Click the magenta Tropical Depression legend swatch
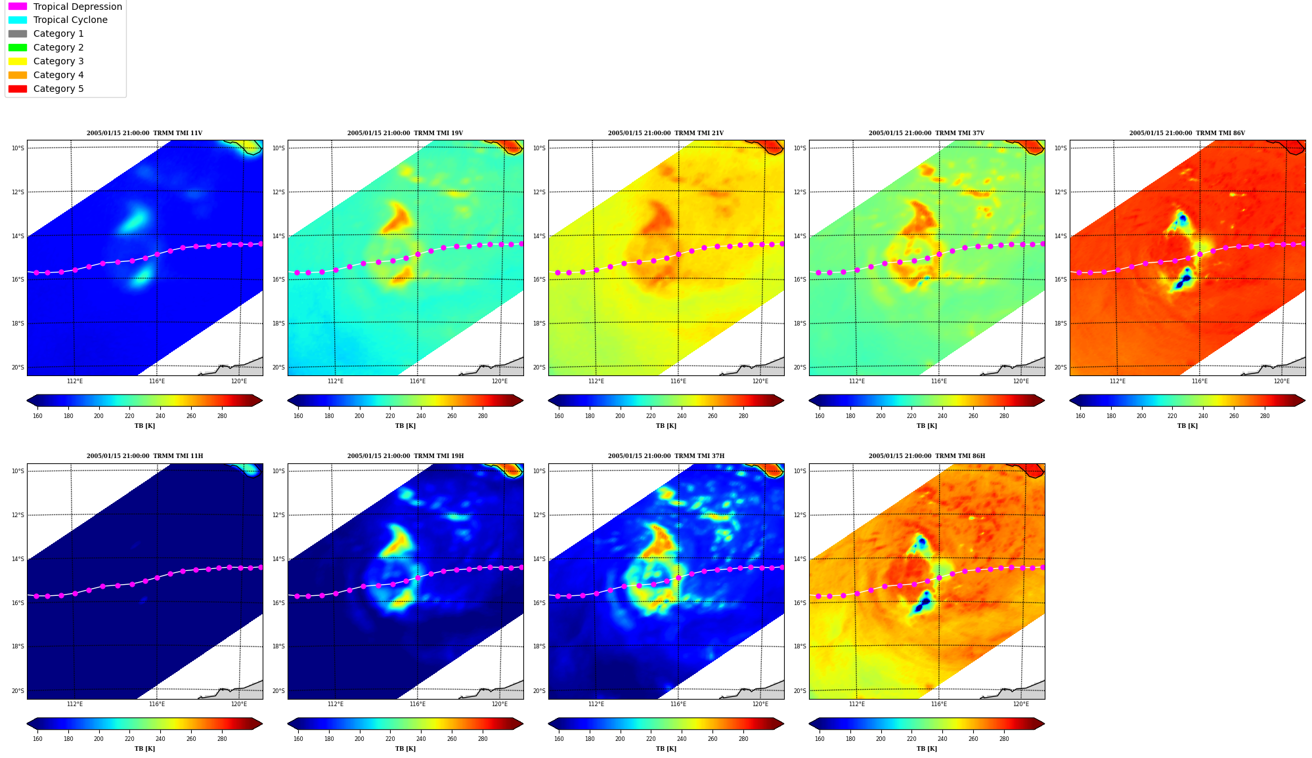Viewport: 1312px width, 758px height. coord(18,7)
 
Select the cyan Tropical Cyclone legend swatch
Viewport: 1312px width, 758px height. coord(18,20)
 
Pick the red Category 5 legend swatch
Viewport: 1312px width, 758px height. coord(18,89)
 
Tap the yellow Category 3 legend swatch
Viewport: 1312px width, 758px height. coord(18,61)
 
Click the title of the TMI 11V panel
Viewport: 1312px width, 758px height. coord(144,133)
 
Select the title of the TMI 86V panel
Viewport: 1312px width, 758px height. coord(1187,133)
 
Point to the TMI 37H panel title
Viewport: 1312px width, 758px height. coord(666,456)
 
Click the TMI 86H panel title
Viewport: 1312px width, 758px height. coord(927,456)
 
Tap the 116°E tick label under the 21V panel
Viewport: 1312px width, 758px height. coord(678,381)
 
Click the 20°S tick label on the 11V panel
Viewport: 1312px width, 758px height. coord(18,368)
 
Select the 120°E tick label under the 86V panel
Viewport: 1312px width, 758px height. coord(1282,381)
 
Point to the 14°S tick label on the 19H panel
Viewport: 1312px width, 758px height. coord(278,559)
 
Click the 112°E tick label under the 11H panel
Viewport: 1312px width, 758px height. coord(75,704)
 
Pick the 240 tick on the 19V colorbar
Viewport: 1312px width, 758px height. coord(421,416)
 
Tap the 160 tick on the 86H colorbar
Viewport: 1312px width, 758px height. coord(820,739)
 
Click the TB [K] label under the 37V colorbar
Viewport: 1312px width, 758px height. coord(927,426)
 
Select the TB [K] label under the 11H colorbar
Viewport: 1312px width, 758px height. coord(144,749)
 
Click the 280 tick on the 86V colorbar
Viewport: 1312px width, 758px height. coord(1265,416)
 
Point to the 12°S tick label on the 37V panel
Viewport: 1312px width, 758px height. coord(800,192)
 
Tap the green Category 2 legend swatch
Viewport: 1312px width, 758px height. coord(18,47)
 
